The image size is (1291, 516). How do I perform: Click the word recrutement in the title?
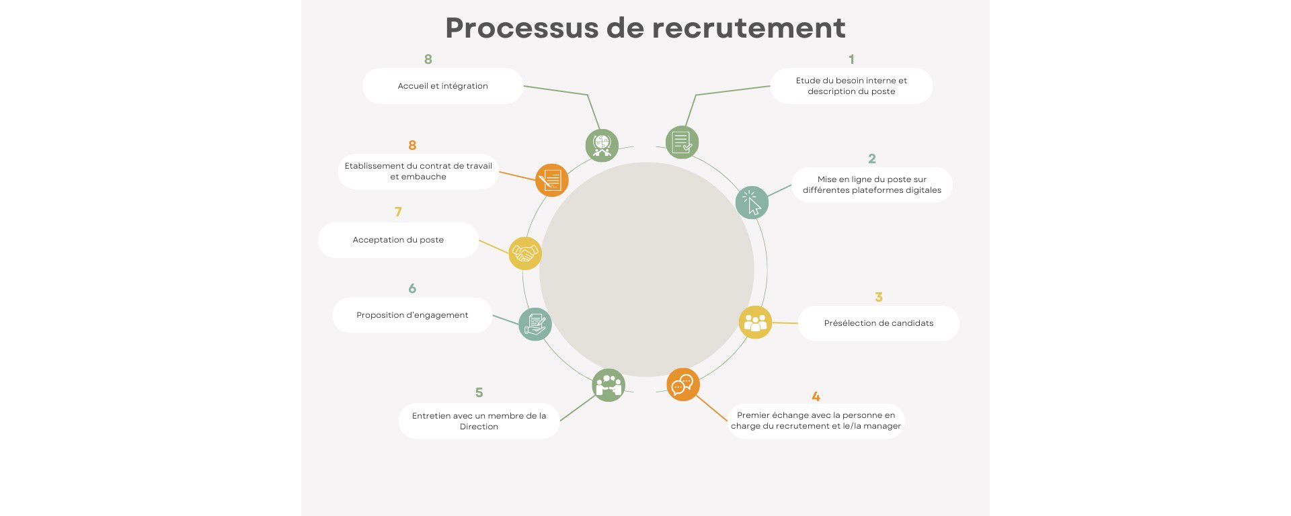tap(748, 28)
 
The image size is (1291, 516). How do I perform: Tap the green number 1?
tap(851, 59)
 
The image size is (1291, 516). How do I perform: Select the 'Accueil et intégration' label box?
tap(442, 86)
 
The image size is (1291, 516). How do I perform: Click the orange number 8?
tap(412, 145)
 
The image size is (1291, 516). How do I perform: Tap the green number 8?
tap(428, 59)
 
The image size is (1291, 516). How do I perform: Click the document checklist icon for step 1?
tap(682, 142)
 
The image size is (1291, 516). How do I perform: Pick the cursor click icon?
tap(752, 203)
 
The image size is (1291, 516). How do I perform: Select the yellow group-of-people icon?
tap(755, 322)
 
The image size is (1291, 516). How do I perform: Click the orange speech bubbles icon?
tap(683, 385)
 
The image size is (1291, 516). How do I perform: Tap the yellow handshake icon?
tap(525, 254)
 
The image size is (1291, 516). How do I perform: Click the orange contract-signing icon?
tap(552, 180)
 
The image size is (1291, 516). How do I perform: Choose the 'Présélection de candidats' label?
tap(878, 323)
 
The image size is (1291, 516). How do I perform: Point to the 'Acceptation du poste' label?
tap(398, 240)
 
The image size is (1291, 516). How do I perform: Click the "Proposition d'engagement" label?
tap(412, 315)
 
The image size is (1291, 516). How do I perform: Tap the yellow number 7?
tap(398, 212)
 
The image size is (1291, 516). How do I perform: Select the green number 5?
tap(479, 392)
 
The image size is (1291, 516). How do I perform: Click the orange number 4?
tap(816, 396)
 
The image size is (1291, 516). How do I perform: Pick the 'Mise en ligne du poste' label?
tap(871, 185)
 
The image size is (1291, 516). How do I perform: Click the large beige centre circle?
tap(646, 269)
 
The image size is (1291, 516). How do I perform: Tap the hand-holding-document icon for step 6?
tap(535, 324)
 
